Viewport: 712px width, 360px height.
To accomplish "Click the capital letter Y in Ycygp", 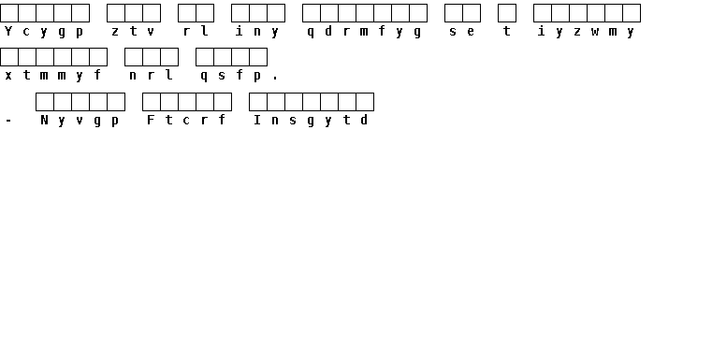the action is pyautogui.click(x=8, y=31).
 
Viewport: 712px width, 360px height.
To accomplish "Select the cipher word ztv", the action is pyautogui.click(x=133, y=31).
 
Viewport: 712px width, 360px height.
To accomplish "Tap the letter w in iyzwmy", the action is pyautogui.click(x=595, y=32).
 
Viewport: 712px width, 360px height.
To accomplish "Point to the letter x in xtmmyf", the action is pyautogui.click(x=8, y=76).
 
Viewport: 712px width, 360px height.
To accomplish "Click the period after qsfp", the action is pyautogui.click(x=275, y=79).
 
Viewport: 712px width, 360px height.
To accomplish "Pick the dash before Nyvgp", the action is pyautogui.click(x=8, y=121).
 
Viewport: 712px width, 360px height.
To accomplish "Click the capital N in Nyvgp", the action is pyautogui.click(x=44, y=120).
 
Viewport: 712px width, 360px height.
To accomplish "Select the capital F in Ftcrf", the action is pyautogui.click(x=151, y=120).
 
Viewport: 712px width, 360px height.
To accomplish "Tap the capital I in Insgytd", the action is pyautogui.click(x=257, y=120).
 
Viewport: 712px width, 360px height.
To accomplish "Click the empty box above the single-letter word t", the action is pyautogui.click(x=507, y=13).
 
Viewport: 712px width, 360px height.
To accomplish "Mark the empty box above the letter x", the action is pyautogui.click(x=9, y=57).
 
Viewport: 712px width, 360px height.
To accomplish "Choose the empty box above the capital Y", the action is pyautogui.click(x=9, y=13).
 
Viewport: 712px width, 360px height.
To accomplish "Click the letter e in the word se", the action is pyautogui.click(x=471, y=32).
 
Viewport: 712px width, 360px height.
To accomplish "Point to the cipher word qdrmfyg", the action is pyautogui.click(x=364, y=31).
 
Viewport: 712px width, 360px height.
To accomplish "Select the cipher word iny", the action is pyautogui.click(x=257, y=31).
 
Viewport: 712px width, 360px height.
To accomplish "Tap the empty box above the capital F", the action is pyautogui.click(x=152, y=102).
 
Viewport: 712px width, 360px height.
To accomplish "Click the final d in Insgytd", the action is pyautogui.click(x=364, y=120).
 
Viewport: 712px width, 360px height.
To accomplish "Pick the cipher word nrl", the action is pyautogui.click(x=151, y=76).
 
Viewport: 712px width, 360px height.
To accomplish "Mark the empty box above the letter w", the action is pyautogui.click(x=596, y=13).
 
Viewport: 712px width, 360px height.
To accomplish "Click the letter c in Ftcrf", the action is pyautogui.click(x=186, y=121).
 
